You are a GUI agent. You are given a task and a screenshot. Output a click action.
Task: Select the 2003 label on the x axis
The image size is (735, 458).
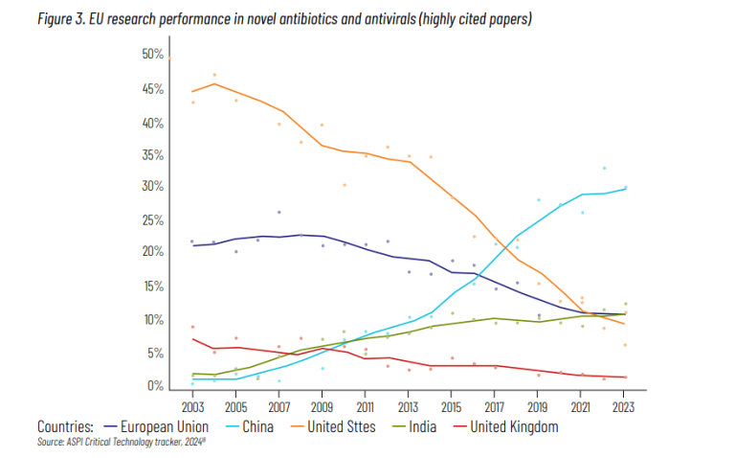tap(192, 405)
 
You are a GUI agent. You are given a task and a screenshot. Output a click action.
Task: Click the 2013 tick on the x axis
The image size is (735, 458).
tap(409, 405)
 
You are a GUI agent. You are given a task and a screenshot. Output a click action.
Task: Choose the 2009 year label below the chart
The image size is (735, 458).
tap(323, 405)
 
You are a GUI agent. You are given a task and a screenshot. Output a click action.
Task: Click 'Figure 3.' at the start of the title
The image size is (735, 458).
tap(59, 19)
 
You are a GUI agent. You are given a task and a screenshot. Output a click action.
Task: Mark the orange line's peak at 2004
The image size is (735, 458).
tap(214, 83)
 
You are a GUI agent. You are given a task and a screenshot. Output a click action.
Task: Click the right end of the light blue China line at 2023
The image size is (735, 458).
tap(625, 188)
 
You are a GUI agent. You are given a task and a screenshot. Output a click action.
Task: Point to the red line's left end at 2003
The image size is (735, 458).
tap(193, 338)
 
